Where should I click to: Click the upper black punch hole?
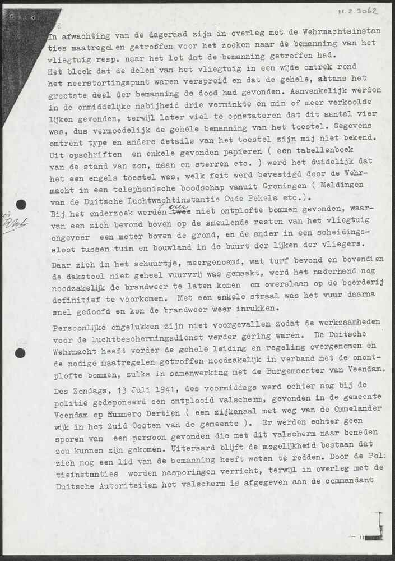21,205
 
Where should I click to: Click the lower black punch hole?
20,353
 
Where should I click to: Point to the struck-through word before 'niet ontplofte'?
179,213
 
